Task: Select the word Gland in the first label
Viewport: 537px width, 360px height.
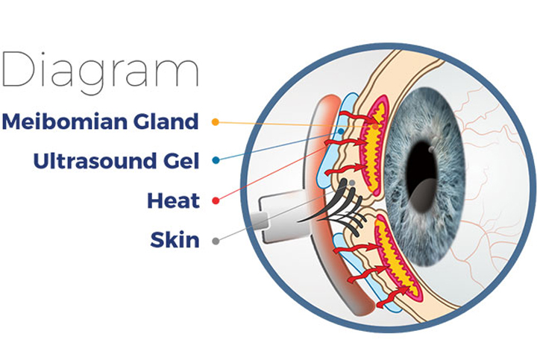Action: click(x=166, y=121)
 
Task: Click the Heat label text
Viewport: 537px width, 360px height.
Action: click(x=173, y=200)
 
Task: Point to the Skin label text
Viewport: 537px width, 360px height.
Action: click(x=175, y=239)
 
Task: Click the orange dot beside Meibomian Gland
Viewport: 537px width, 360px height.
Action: click(x=216, y=121)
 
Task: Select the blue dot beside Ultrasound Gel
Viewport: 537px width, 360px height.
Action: click(x=216, y=160)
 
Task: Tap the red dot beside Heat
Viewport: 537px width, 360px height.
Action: click(x=216, y=200)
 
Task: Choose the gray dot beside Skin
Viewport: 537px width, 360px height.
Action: click(x=216, y=241)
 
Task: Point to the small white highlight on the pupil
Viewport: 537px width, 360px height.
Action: click(x=431, y=150)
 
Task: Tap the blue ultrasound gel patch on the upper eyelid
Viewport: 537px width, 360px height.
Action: click(x=336, y=140)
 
